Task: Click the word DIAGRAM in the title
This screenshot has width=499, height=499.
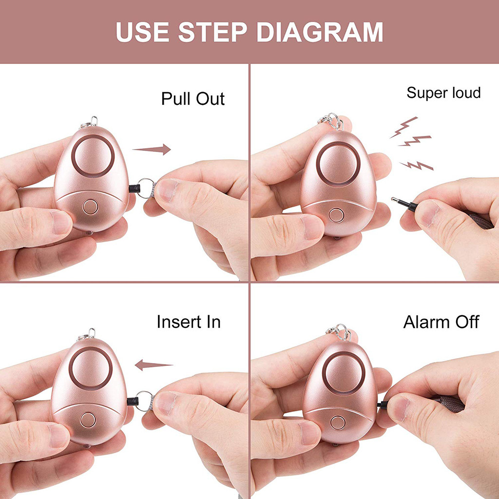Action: [x=320, y=32]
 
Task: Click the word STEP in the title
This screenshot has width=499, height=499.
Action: [x=212, y=32]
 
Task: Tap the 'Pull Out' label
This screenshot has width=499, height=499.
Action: [x=193, y=98]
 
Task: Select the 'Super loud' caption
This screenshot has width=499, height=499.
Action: [x=443, y=93]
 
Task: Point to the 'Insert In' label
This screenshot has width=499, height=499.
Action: [x=189, y=322]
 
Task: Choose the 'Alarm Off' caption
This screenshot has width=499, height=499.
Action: [x=441, y=322]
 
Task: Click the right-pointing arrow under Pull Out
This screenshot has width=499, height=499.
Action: [x=152, y=149]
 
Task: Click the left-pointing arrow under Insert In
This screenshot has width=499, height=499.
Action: [x=154, y=365]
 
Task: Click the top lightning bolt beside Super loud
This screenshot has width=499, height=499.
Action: [x=403, y=127]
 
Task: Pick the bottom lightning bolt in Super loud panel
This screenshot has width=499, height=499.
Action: [x=416, y=166]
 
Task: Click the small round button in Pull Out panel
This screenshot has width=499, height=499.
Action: [x=90, y=207]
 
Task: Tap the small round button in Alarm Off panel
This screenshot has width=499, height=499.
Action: [x=338, y=422]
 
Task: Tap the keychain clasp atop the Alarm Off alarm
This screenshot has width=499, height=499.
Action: [x=339, y=332]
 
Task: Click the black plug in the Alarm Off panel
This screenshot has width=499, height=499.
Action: [x=383, y=405]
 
